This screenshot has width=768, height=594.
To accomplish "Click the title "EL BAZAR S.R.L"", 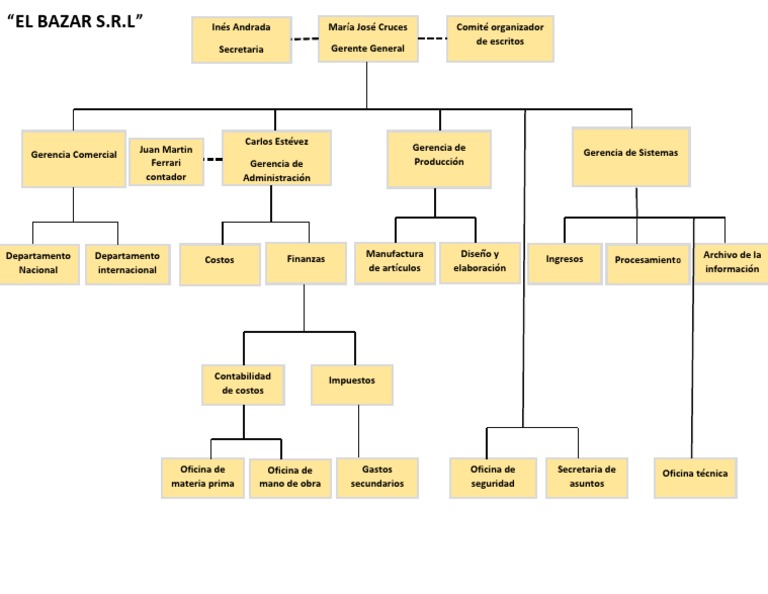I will click(75, 21).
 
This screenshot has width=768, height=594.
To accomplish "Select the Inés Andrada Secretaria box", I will click(241, 39).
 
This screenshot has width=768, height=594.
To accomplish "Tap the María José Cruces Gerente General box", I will click(368, 38).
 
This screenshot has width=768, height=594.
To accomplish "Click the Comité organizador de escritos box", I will click(499, 38).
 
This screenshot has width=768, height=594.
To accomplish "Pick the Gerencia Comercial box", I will click(73, 158).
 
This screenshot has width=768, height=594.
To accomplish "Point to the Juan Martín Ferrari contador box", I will click(166, 162).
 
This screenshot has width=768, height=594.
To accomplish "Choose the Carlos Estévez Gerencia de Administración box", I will click(276, 158).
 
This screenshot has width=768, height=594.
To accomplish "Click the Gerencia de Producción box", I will click(438, 158).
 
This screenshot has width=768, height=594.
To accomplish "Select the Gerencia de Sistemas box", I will click(630, 156).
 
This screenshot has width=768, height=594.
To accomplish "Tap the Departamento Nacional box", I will click(38, 263).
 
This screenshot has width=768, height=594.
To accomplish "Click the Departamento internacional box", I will click(127, 263).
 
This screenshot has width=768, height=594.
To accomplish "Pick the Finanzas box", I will click(305, 263).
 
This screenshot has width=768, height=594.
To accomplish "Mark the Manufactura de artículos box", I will click(394, 262).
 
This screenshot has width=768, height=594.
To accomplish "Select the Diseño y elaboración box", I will click(480, 262).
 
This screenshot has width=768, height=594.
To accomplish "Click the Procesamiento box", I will click(647, 263).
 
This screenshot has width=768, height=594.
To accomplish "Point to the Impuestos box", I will click(351, 384).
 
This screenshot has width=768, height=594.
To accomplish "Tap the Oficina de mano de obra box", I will click(289, 478).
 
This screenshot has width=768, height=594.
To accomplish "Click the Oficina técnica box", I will click(695, 476).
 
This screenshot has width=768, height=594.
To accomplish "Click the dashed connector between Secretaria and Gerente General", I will click(305, 39).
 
